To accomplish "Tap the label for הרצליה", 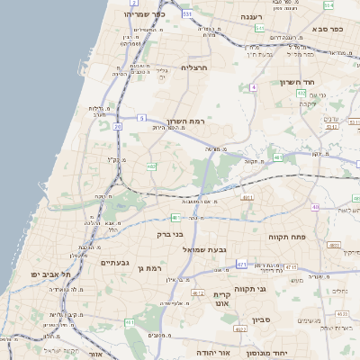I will pyautogui.click(x=194, y=67).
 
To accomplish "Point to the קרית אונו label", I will pyautogui.click(x=221, y=299).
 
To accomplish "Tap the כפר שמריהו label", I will pyautogui.click(x=146, y=14).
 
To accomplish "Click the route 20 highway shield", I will pyautogui.click(x=117, y=127).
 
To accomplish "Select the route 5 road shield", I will pyautogui.click(x=141, y=118).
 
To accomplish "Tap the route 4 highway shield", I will pyautogui.click(x=254, y=87).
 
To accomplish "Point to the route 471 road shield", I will pyautogui.click(x=241, y=264).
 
